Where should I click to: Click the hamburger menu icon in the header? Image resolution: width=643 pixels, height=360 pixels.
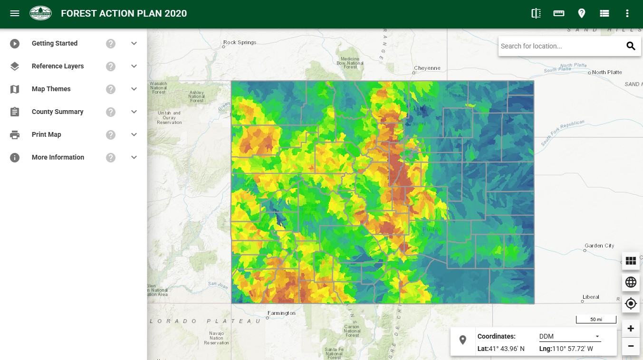[x=15, y=13]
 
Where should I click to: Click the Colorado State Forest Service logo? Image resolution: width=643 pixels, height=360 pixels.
[x=40, y=13]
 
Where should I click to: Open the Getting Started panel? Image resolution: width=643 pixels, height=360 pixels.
[x=55, y=43]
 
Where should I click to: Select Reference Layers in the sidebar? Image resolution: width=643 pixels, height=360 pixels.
[x=58, y=66]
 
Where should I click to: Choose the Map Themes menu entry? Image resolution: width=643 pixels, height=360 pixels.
[x=51, y=89]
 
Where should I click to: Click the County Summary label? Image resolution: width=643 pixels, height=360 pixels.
[x=58, y=112]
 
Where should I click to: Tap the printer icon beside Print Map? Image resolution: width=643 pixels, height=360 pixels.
[x=15, y=134]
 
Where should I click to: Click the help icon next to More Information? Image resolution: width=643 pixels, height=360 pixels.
[x=111, y=157]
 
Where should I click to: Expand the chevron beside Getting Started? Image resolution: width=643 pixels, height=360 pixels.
[x=134, y=43]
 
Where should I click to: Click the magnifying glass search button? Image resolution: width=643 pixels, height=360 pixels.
[x=631, y=46]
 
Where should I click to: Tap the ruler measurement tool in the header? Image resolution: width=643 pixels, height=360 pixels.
[x=559, y=13]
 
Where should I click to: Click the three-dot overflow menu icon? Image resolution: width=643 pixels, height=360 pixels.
[x=627, y=13]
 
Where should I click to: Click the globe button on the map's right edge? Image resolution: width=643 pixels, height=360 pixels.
[x=631, y=282]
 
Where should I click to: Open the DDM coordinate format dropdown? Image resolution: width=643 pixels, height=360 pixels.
[x=569, y=336]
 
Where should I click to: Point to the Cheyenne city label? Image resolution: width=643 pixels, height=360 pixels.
[x=427, y=68]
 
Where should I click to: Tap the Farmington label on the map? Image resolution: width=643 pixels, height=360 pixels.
[x=281, y=313]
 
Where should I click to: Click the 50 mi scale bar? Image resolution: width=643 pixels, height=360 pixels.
[x=596, y=319]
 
